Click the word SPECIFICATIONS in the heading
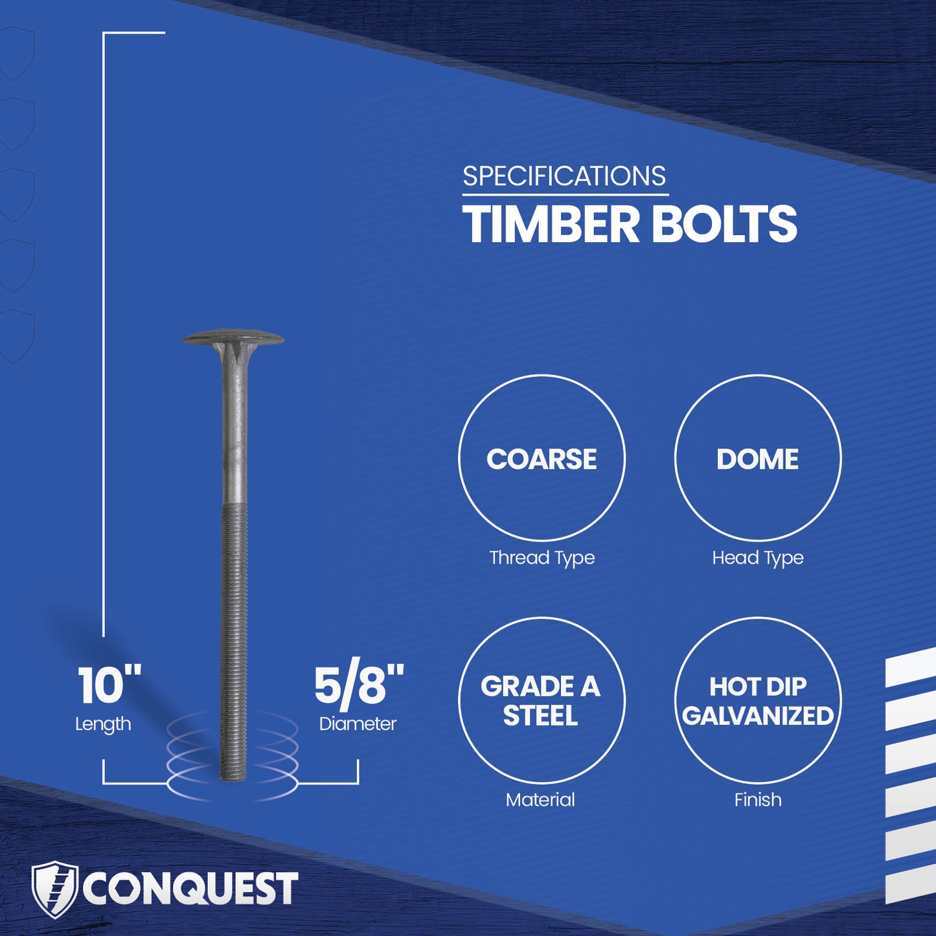564,177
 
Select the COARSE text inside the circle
542,459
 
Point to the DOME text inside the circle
757,459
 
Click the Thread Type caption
542,558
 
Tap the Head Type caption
757,558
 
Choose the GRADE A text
540,687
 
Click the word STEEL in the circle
540,716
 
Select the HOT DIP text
757,687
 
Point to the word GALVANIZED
757,716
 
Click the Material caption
540,800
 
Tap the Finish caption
757,800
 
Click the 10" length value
109,685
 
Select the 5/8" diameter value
358,685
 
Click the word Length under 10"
103,724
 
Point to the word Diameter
358,724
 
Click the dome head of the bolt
233,338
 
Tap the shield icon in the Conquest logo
55,889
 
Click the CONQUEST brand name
190,889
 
